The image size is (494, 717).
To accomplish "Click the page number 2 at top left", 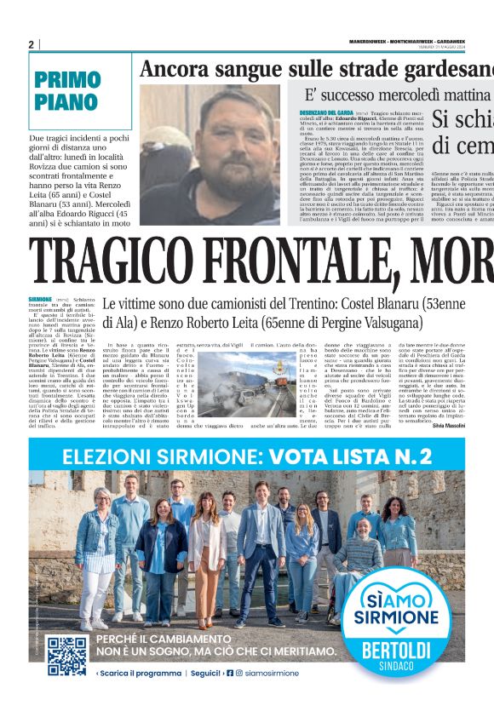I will pos(31,44).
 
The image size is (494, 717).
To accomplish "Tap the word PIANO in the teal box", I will pos(66,103).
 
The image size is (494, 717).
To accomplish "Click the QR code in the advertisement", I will pos(67,657).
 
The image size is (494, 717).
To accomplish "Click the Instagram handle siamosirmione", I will pos(273,673).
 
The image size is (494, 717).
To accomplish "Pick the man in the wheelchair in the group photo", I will pos(366,554).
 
